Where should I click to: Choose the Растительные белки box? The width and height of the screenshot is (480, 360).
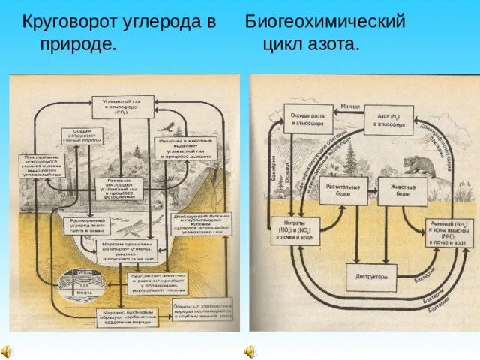coord(344,190)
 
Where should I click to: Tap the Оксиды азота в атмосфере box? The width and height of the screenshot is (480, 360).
coord(307,118)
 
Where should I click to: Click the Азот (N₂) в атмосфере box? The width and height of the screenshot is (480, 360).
coord(388,119)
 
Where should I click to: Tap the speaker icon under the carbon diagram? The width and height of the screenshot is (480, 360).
coord(7,350)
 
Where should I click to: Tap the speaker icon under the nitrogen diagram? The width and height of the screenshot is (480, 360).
coord(250,350)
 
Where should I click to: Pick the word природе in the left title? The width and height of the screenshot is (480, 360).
coord(78,44)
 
